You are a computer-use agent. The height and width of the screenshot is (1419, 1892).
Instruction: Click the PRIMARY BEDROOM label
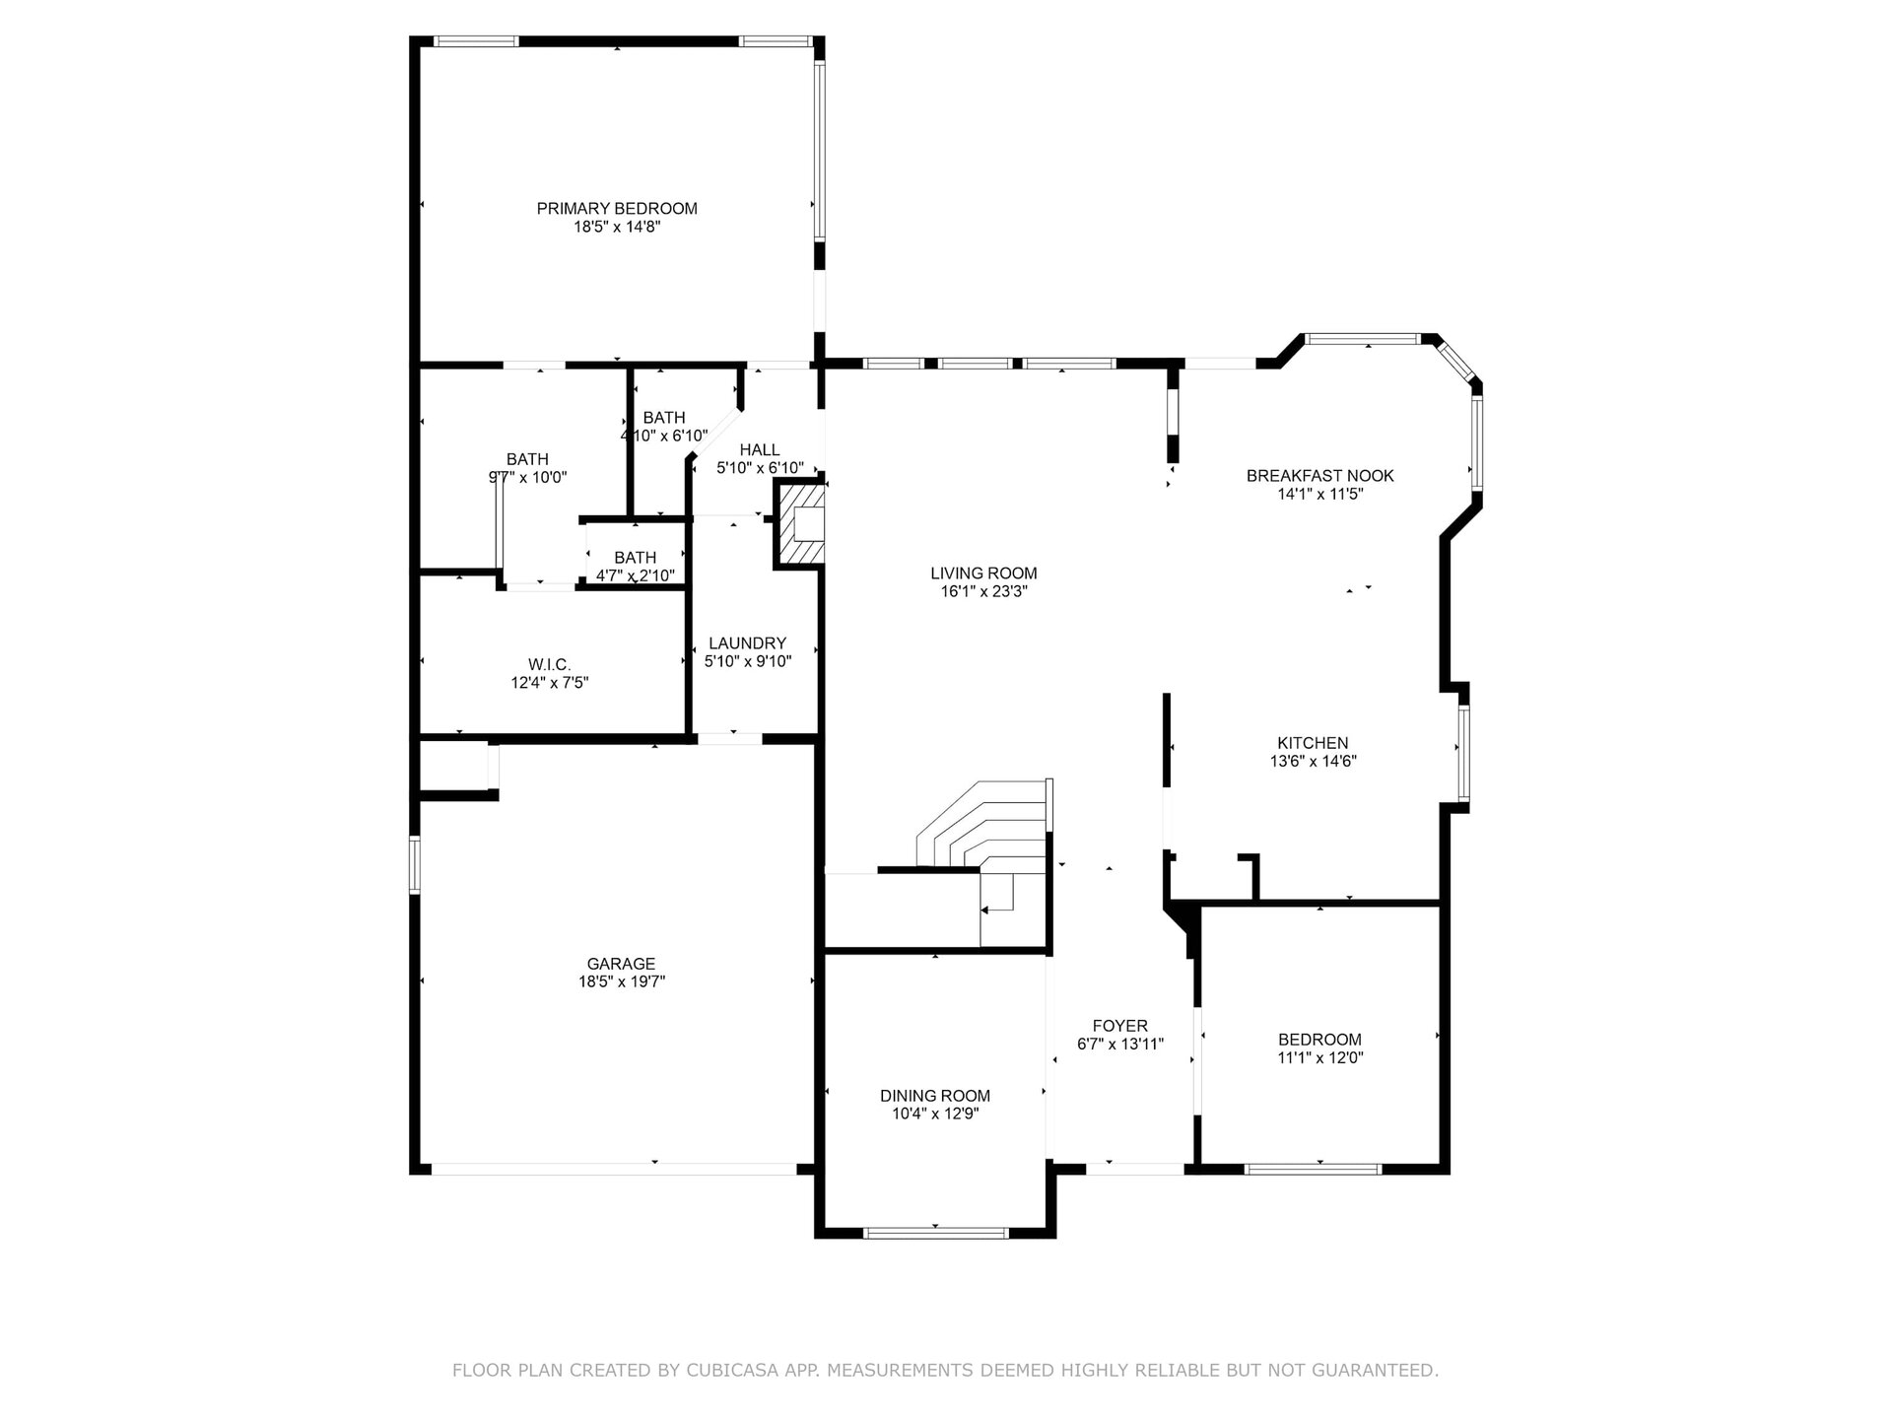tap(617, 209)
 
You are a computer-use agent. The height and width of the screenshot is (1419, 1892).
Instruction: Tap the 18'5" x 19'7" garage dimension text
tap(622, 981)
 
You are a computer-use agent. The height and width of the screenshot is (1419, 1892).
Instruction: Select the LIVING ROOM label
tap(983, 574)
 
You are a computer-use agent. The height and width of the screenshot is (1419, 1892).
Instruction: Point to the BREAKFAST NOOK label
tap(1320, 476)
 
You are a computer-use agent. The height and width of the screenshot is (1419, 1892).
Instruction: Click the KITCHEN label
tap(1313, 743)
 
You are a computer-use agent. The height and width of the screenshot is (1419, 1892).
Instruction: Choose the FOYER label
tap(1120, 1026)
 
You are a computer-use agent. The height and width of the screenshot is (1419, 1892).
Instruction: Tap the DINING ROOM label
tap(935, 1096)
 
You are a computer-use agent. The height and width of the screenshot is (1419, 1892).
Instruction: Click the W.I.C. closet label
tap(550, 665)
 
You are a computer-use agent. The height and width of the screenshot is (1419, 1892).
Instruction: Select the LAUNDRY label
tap(748, 643)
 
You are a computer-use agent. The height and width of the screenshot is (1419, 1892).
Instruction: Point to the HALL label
tap(760, 450)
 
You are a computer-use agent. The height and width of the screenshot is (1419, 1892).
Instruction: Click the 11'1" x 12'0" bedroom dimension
tap(1320, 1057)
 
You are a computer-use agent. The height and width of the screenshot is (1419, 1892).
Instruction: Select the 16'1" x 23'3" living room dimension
tap(983, 591)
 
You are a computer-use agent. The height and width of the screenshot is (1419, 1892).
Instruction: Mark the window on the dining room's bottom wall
tap(935, 1232)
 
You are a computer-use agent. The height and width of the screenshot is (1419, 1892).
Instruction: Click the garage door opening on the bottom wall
tap(614, 1170)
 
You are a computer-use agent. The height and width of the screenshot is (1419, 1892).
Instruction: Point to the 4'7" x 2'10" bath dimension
tap(636, 575)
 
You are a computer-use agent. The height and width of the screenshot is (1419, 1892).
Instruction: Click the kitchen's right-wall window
tap(1464, 753)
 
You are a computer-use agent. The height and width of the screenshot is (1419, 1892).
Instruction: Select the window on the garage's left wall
tap(415, 864)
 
